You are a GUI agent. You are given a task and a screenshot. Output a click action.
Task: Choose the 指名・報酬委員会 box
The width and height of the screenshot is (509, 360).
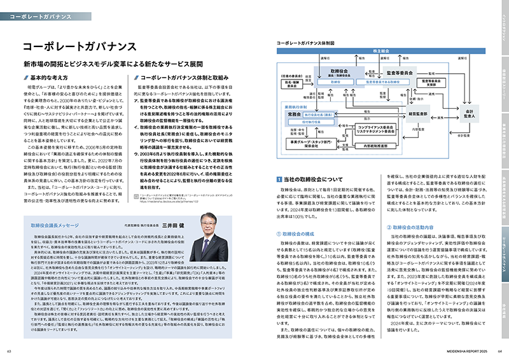tap(291, 83)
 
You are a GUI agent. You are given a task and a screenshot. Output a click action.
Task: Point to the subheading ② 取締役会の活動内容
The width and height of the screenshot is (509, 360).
tap(419, 227)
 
